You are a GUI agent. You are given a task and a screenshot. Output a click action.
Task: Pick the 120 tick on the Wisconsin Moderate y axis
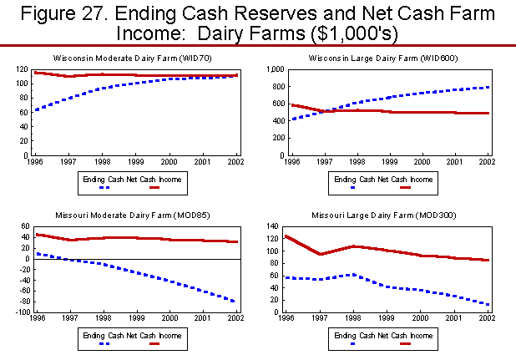coord(20,71)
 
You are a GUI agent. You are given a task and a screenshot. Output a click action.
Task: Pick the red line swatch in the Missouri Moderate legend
coord(156,342)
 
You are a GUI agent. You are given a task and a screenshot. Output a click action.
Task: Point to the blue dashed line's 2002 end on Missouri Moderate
coord(234,302)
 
